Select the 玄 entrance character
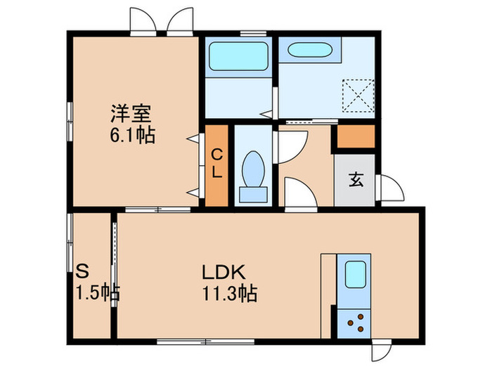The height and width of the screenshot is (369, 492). coord(356,179)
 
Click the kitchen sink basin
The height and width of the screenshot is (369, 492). coord(356,273)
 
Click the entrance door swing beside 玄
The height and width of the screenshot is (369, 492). coord(389,188)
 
